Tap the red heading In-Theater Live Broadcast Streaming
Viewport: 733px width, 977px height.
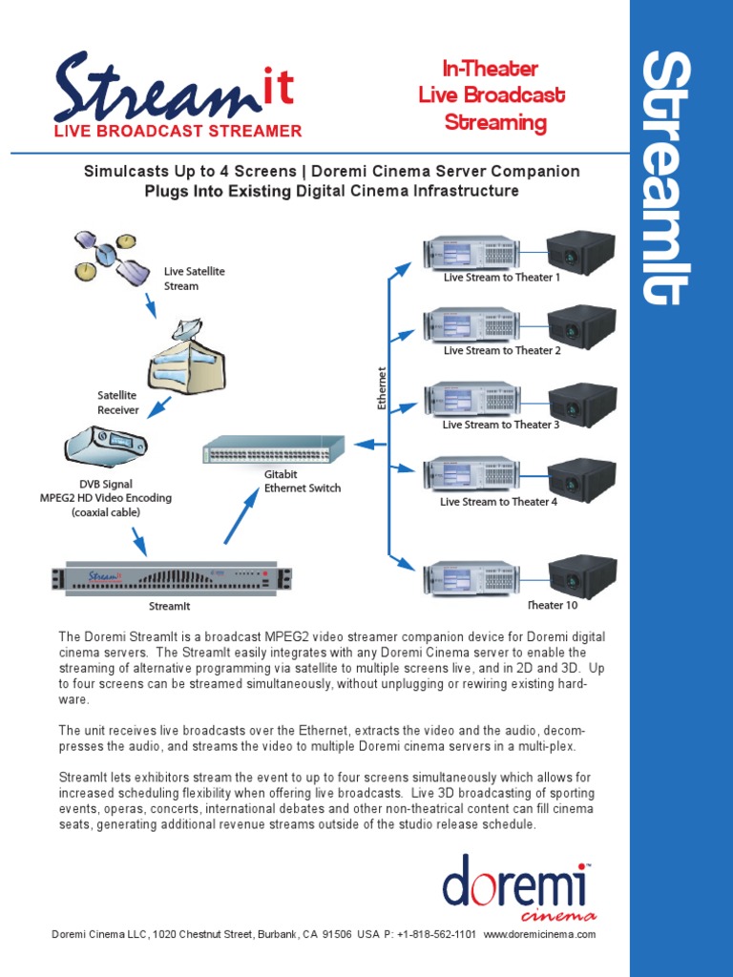[x=492, y=95]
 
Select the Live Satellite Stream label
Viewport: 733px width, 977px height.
[x=195, y=279]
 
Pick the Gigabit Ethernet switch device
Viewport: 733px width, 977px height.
[x=274, y=448]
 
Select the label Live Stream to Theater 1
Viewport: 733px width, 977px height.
[x=501, y=278]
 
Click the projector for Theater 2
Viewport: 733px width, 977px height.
[x=581, y=324]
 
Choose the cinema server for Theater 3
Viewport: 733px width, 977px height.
[x=471, y=399]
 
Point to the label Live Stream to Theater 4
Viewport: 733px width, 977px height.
[x=498, y=502]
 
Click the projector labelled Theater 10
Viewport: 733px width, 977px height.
[x=581, y=575]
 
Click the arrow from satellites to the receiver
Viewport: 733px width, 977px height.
[x=149, y=305]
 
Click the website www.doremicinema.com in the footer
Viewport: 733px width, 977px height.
[x=540, y=935]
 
